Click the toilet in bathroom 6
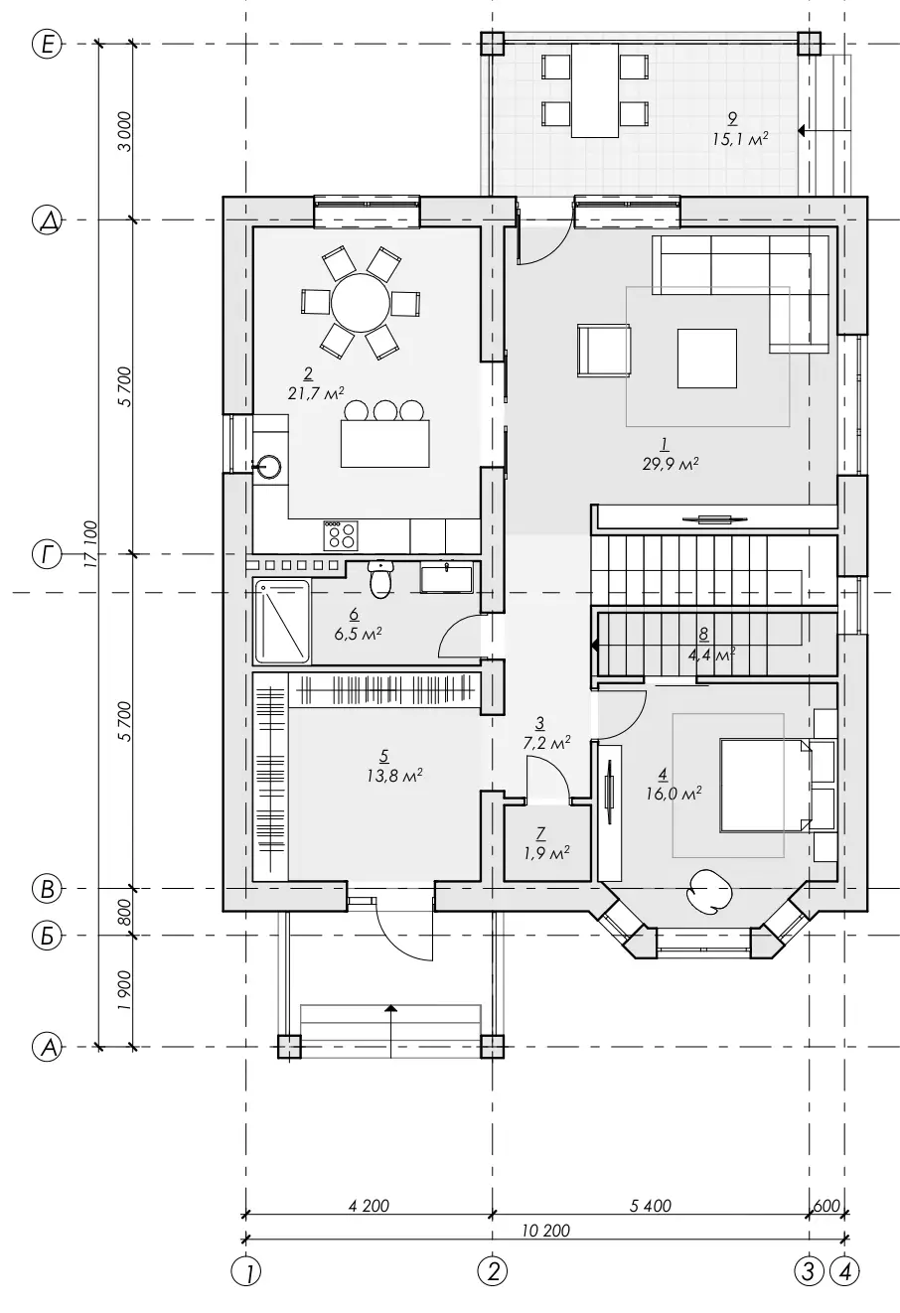click(380, 579)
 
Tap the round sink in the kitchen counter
click(267, 467)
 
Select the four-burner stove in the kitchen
click(340, 534)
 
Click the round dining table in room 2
click(360, 303)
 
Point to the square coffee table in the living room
click(707, 359)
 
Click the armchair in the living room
click(604, 350)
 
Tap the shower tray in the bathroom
click(281, 621)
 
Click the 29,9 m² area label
click(671, 465)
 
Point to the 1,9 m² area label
click(546, 853)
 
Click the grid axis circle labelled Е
click(47, 44)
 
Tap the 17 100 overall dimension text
click(90, 544)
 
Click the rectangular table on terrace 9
click(595, 90)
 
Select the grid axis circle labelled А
click(47, 1046)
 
